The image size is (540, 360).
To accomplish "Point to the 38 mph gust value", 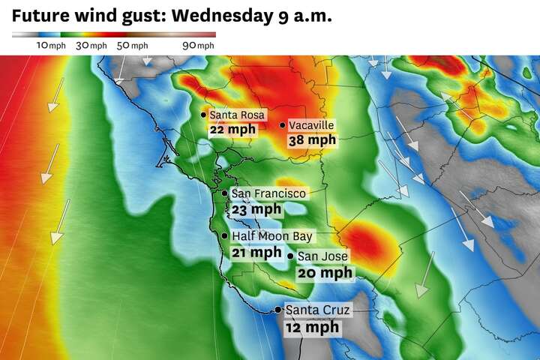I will [x=312, y=139].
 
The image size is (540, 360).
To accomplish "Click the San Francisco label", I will [x=268, y=193].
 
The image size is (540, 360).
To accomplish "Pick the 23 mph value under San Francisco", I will [x=256, y=209].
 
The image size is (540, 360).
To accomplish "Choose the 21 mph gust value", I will [x=256, y=252].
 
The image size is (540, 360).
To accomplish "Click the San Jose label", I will [x=323, y=256].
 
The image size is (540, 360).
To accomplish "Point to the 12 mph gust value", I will [x=311, y=327].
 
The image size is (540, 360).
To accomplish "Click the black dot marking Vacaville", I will [x=283, y=125].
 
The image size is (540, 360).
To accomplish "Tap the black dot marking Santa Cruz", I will [x=278, y=310].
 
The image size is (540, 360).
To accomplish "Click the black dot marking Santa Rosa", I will [x=203, y=115].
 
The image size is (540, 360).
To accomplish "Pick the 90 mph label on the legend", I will [x=198, y=46].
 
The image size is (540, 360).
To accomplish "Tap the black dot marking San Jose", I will [x=291, y=256].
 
